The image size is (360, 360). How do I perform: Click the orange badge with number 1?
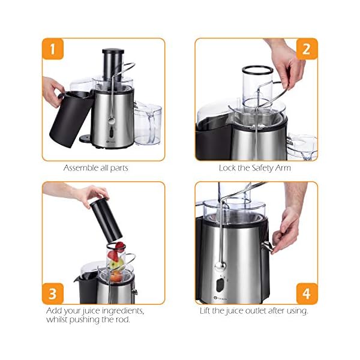pos(53,49)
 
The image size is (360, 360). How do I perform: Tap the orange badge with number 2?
pos(307,49)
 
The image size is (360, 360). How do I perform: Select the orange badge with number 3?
pos(53,294)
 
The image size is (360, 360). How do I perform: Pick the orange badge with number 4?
pos(307,294)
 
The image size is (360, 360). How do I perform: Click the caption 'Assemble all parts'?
pos(96,168)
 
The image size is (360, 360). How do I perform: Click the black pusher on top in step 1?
pos(112,59)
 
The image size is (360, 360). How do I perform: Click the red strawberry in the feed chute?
pos(119,247)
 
